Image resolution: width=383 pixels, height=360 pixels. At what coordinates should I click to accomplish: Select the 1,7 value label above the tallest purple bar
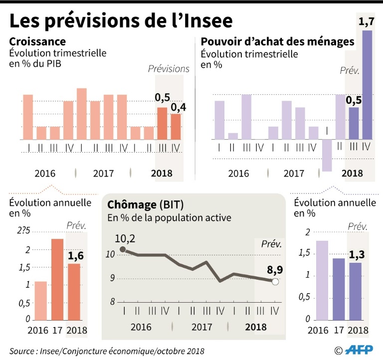[367, 21]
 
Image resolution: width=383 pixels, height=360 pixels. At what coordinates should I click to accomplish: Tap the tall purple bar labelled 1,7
[367, 85]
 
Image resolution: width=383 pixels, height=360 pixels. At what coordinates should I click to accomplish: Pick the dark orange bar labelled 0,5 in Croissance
[162, 123]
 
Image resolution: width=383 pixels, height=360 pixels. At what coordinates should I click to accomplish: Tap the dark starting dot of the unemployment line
[123, 250]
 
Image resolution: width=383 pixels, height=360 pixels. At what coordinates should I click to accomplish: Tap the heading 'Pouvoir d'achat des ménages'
[277, 41]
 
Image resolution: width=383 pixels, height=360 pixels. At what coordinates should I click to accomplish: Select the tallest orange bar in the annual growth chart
[57, 279]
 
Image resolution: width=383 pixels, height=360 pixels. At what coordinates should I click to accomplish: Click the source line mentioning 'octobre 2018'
[107, 351]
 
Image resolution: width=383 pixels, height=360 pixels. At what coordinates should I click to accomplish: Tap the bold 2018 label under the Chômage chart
[256, 327]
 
